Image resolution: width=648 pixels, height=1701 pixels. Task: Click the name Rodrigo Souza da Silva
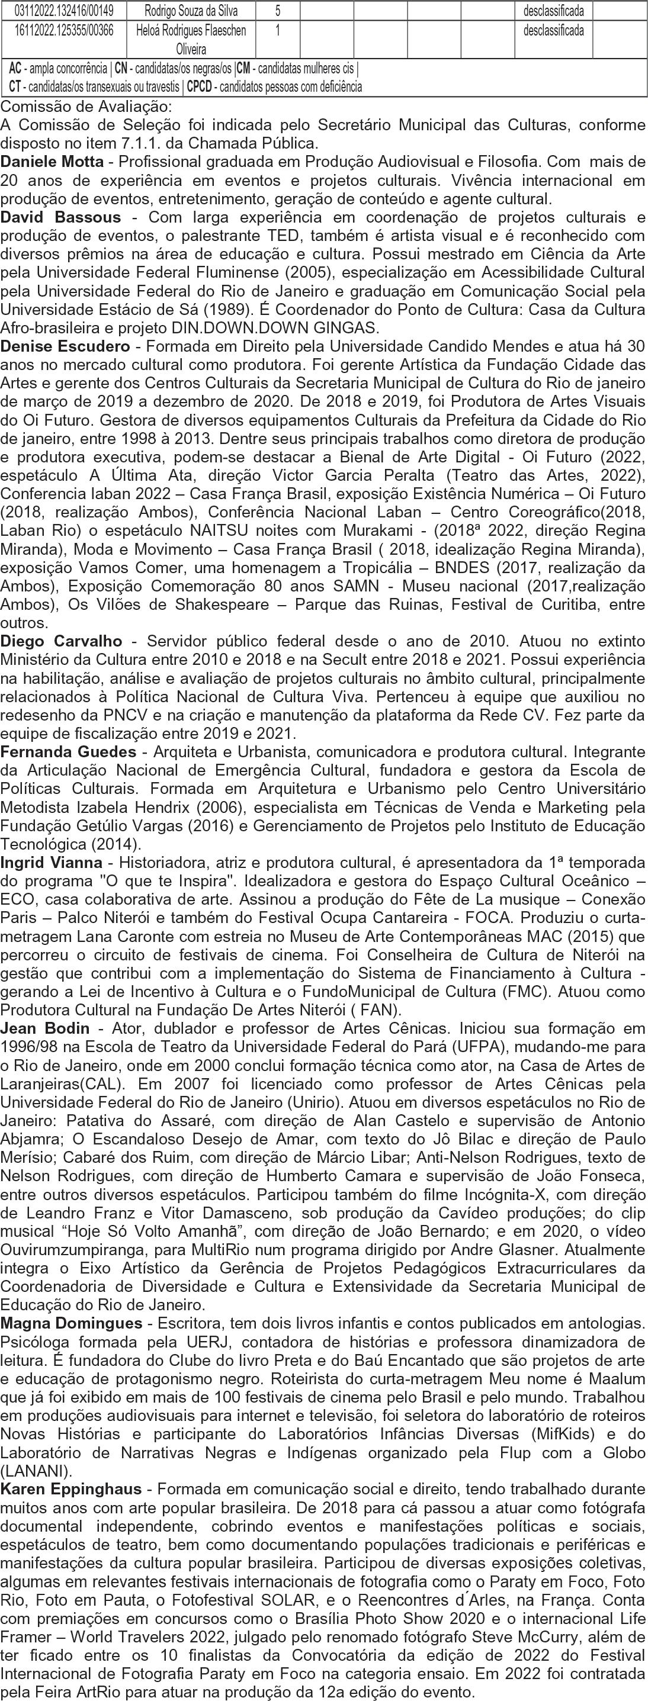click(x=191, y=11)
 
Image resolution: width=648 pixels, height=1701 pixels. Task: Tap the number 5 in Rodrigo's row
click(x=277, y=11)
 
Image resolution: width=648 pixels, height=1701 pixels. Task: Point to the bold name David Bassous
click(x=61, y=217)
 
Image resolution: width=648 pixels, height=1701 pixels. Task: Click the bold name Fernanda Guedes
click(x=69, y=751)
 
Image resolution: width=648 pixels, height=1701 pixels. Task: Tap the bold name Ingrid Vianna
click(x=52, y=863)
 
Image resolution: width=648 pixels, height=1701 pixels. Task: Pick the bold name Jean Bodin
click(x=44, y=1028)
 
